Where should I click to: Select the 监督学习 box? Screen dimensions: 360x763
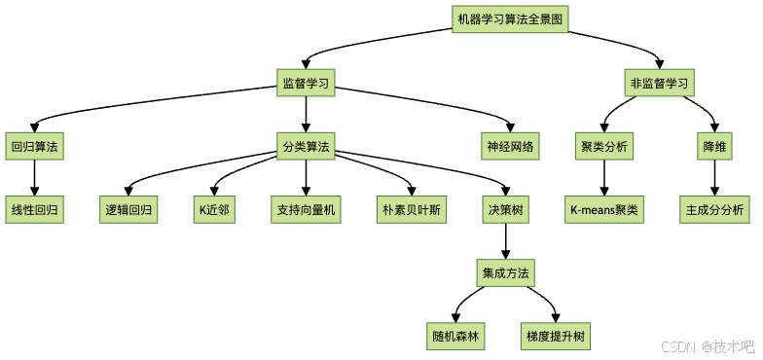click(307, 83)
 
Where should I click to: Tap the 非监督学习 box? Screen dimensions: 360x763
click(659, 83)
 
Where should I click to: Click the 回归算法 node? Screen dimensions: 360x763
click(34, 147)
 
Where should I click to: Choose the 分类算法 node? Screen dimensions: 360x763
click(307, 147)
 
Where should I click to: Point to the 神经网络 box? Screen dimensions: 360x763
click(512, 147)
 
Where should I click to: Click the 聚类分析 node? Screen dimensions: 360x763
click(604, 147)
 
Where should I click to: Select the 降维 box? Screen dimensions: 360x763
click(715, 147)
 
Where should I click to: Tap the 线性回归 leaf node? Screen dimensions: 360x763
click(34, 210)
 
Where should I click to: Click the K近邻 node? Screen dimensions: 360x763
click(214, 210)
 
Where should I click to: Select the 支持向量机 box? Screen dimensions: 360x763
click(307, 210)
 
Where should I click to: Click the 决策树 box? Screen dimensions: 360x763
click(506, 210)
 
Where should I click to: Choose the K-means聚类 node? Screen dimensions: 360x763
click(604, 210)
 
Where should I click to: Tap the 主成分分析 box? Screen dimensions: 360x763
click(715, 210)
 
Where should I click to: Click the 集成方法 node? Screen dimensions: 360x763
click(506, 273)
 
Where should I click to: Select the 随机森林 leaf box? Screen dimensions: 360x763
click(457, 337)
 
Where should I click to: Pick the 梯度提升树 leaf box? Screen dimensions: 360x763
click(556, 337)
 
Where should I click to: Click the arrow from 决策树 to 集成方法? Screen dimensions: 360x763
click(506, 242)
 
